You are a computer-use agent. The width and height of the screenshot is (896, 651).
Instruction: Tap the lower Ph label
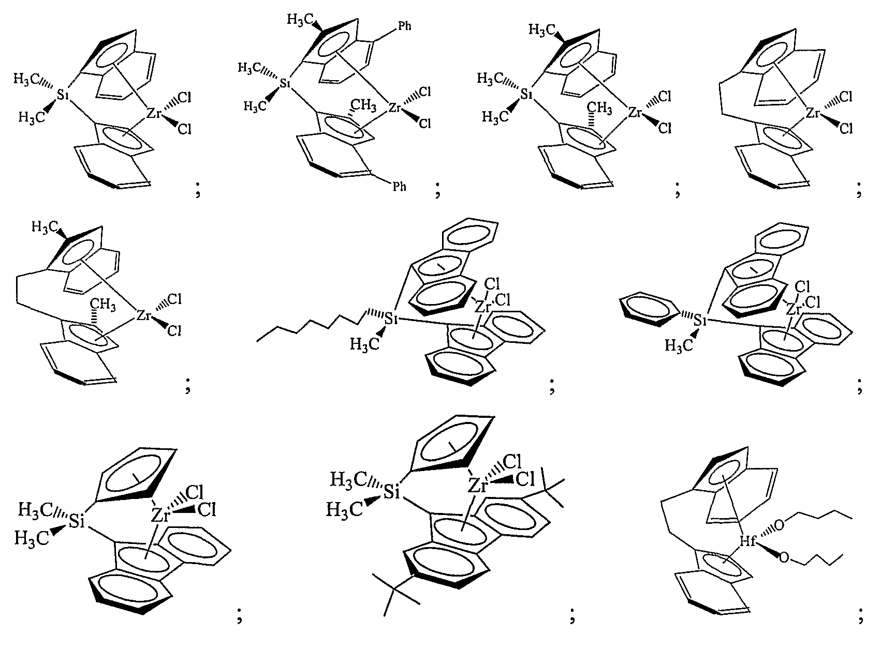tap(399, 186)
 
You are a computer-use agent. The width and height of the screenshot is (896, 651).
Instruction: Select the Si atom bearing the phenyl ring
tap(700, 321)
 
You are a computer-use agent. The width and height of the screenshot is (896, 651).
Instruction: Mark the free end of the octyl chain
tap(258, 340)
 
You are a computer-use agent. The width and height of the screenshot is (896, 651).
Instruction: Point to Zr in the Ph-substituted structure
tap(395, 108)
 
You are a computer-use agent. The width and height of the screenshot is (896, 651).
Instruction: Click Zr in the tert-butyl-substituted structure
tap(478, 486)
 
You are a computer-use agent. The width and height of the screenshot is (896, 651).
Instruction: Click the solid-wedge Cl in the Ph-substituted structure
tap(425, 123)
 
